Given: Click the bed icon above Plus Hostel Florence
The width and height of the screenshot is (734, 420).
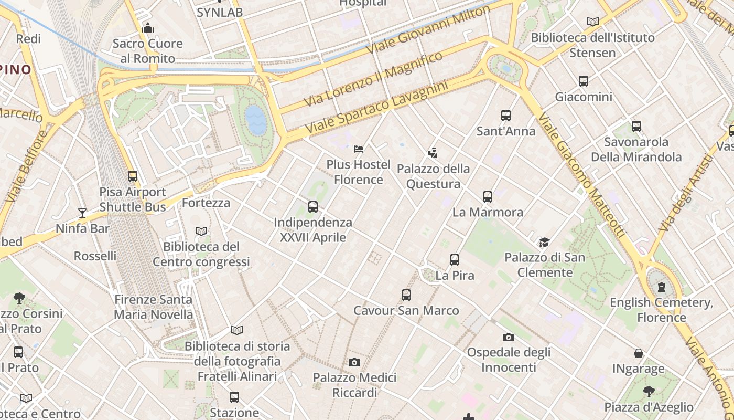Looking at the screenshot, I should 359,149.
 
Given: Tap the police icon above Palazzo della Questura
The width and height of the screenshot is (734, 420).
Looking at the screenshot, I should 433,153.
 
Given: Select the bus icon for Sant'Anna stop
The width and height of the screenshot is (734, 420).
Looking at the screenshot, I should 506,115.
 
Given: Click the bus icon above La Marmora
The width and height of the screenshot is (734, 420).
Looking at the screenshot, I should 488,197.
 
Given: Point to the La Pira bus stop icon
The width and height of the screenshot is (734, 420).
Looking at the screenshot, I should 455,260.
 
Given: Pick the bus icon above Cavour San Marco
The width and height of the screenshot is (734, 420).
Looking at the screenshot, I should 406,295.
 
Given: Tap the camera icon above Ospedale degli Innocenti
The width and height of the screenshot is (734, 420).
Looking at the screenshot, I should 508,337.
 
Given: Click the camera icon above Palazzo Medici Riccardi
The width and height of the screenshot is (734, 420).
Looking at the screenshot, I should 354,362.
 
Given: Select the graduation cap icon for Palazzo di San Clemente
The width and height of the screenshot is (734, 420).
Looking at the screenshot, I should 544,242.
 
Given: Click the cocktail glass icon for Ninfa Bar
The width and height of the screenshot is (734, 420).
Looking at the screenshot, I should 82,213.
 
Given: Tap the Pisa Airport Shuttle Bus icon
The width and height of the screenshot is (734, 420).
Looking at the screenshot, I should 133,176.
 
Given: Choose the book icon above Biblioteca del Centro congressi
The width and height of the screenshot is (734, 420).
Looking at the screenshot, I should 201,231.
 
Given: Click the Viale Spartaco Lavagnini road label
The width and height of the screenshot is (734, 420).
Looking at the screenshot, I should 376,107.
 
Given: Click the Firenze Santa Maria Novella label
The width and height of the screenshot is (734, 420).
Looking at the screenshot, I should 154,307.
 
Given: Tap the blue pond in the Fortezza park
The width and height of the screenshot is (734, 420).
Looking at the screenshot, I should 255,120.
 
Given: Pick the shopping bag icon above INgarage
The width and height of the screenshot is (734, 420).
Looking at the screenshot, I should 639,353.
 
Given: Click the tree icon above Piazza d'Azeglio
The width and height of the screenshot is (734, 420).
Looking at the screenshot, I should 649,391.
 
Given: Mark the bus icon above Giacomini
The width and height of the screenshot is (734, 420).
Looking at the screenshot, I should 584,81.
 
